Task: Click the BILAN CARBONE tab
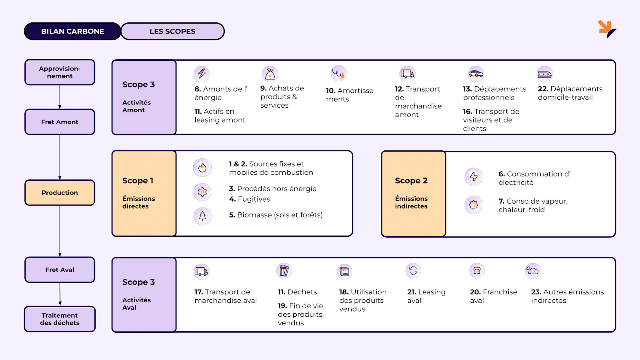pos(72,31)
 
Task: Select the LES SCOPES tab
pos(172,31)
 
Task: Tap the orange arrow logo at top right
pos(606,29)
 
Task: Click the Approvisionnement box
pos(60,72)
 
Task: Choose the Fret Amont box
pos(60,122)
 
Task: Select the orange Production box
pos(60,193)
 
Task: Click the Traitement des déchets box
pos(60,319)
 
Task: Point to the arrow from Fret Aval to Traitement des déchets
pos(60,294)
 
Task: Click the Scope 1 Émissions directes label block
pos(144,194)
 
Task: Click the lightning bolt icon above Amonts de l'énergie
pos(202,74)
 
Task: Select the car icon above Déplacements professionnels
pos(476,74)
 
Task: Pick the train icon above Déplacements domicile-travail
pos(544,74)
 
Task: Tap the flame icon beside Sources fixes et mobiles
pos(202,167)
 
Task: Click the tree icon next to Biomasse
pos(202,216)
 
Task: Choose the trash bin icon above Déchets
pos(284,271)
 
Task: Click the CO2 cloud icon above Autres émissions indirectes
pos(532,271)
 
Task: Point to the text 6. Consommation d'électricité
pos(534,178)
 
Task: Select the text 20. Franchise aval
pos(493,296)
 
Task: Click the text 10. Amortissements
pos(349,95)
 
